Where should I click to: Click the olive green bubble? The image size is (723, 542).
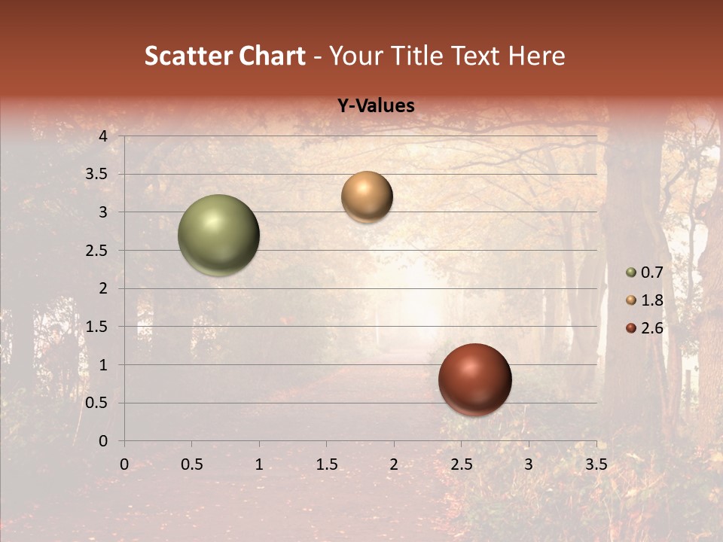(x=218, y=235)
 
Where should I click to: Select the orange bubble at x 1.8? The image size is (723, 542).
(x=367, y=196)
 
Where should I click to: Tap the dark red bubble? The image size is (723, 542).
(x=474, y=379)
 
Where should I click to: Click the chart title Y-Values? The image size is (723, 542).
(x=375, y=106)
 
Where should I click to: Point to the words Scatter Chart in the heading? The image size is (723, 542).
(x=225, y=56)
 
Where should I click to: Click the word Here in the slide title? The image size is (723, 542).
(x=536, y=56)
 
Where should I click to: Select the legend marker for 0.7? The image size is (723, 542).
(x=631, y=273)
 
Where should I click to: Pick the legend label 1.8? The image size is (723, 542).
(x=652, y=300)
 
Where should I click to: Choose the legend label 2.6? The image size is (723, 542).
(x=652, y=328)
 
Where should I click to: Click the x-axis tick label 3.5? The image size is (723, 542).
(x=596, y=464)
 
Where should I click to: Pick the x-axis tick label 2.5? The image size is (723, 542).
(x=462, y=464)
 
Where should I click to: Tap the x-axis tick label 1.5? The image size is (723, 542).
(x=327, y=464)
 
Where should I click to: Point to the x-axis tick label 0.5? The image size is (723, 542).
(x=192, y=464)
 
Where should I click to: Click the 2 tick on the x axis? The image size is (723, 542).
(x=394, y=464)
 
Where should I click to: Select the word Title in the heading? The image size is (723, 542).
(x=416, y=56)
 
